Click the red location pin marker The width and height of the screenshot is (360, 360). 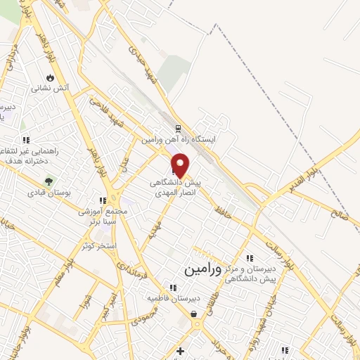pyautogui.click(x=181, y=166)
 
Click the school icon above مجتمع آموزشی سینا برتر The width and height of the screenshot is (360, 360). pyautogui.click(x=103, y=201)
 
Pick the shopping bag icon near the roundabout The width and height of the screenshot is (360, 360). pyautogui.click(x=193, y=314)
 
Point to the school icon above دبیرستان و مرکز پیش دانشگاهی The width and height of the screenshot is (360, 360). pyautogui.click(x=250, y=258)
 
